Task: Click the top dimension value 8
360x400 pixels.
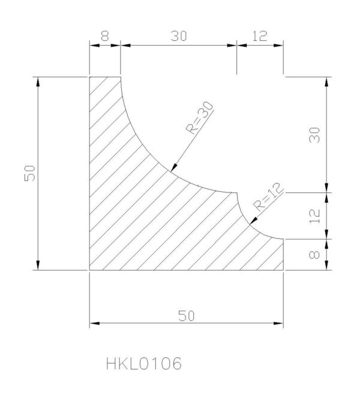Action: [104, 36]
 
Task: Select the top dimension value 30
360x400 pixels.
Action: [179, 36]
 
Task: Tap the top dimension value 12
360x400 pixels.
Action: [260, 36]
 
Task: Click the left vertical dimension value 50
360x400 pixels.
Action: [30, 173]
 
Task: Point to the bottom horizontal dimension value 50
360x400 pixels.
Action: [186, 316]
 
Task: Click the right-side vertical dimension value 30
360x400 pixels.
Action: [314, 135]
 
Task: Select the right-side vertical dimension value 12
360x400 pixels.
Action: [314, 216]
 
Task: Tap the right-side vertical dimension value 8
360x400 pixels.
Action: [314, 255]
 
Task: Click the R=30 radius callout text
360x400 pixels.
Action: [200, 118]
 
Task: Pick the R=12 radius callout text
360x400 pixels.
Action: [268, 197]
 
